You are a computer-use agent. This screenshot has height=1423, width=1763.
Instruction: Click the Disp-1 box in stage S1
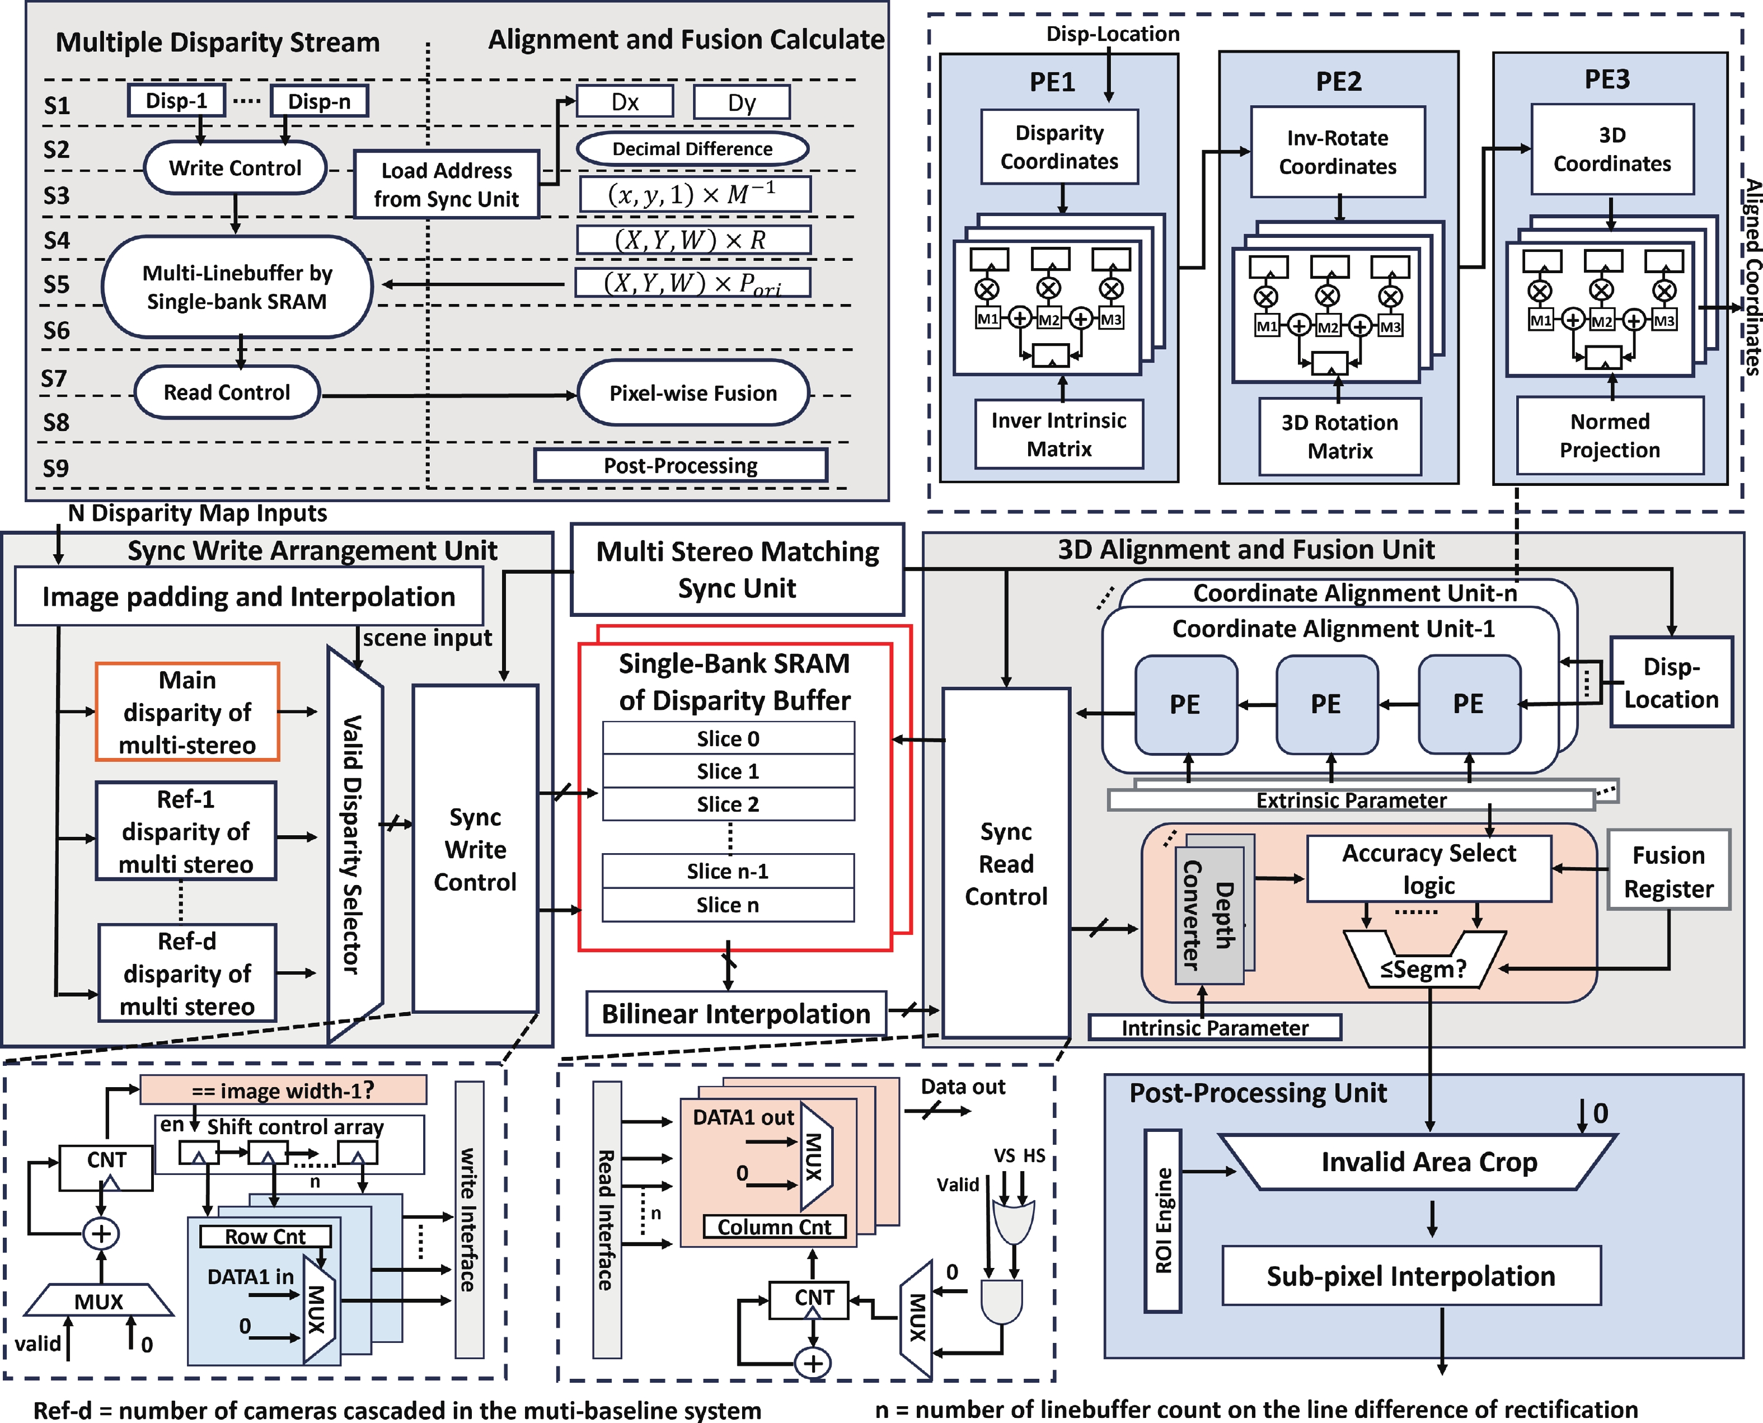(176, 101)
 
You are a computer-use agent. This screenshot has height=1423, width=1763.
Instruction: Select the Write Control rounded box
(235, 168)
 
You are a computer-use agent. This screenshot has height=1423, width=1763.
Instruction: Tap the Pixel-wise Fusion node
(692, 394)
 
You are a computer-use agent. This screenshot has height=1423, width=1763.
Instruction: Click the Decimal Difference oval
(692, 148)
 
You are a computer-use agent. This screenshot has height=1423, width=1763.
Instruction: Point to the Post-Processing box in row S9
(680, 466)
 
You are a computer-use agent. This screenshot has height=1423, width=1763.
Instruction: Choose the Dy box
(742, 102)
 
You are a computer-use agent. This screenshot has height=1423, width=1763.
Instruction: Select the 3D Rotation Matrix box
(1339, 436)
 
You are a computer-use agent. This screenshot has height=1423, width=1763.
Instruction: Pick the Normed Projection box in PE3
(1610, 436)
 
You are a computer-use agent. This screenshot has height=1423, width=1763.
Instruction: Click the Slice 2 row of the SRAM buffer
(728, 804)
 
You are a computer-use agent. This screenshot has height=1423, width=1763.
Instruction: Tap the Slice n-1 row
(728, 872)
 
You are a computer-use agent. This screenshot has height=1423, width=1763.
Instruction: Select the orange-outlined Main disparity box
(187, 712)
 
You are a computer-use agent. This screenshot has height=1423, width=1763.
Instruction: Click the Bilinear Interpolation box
(736, 1014)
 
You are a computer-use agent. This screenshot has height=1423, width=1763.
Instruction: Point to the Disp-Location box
(1671, 682)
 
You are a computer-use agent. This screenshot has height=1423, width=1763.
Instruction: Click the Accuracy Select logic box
(1429, 869)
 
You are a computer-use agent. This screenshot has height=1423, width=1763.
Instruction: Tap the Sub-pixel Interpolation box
(1410, 1276)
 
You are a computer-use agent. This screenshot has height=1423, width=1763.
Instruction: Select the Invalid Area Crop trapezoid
(1429, 1162)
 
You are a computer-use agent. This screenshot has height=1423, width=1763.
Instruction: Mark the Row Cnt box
(265, 1236)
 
